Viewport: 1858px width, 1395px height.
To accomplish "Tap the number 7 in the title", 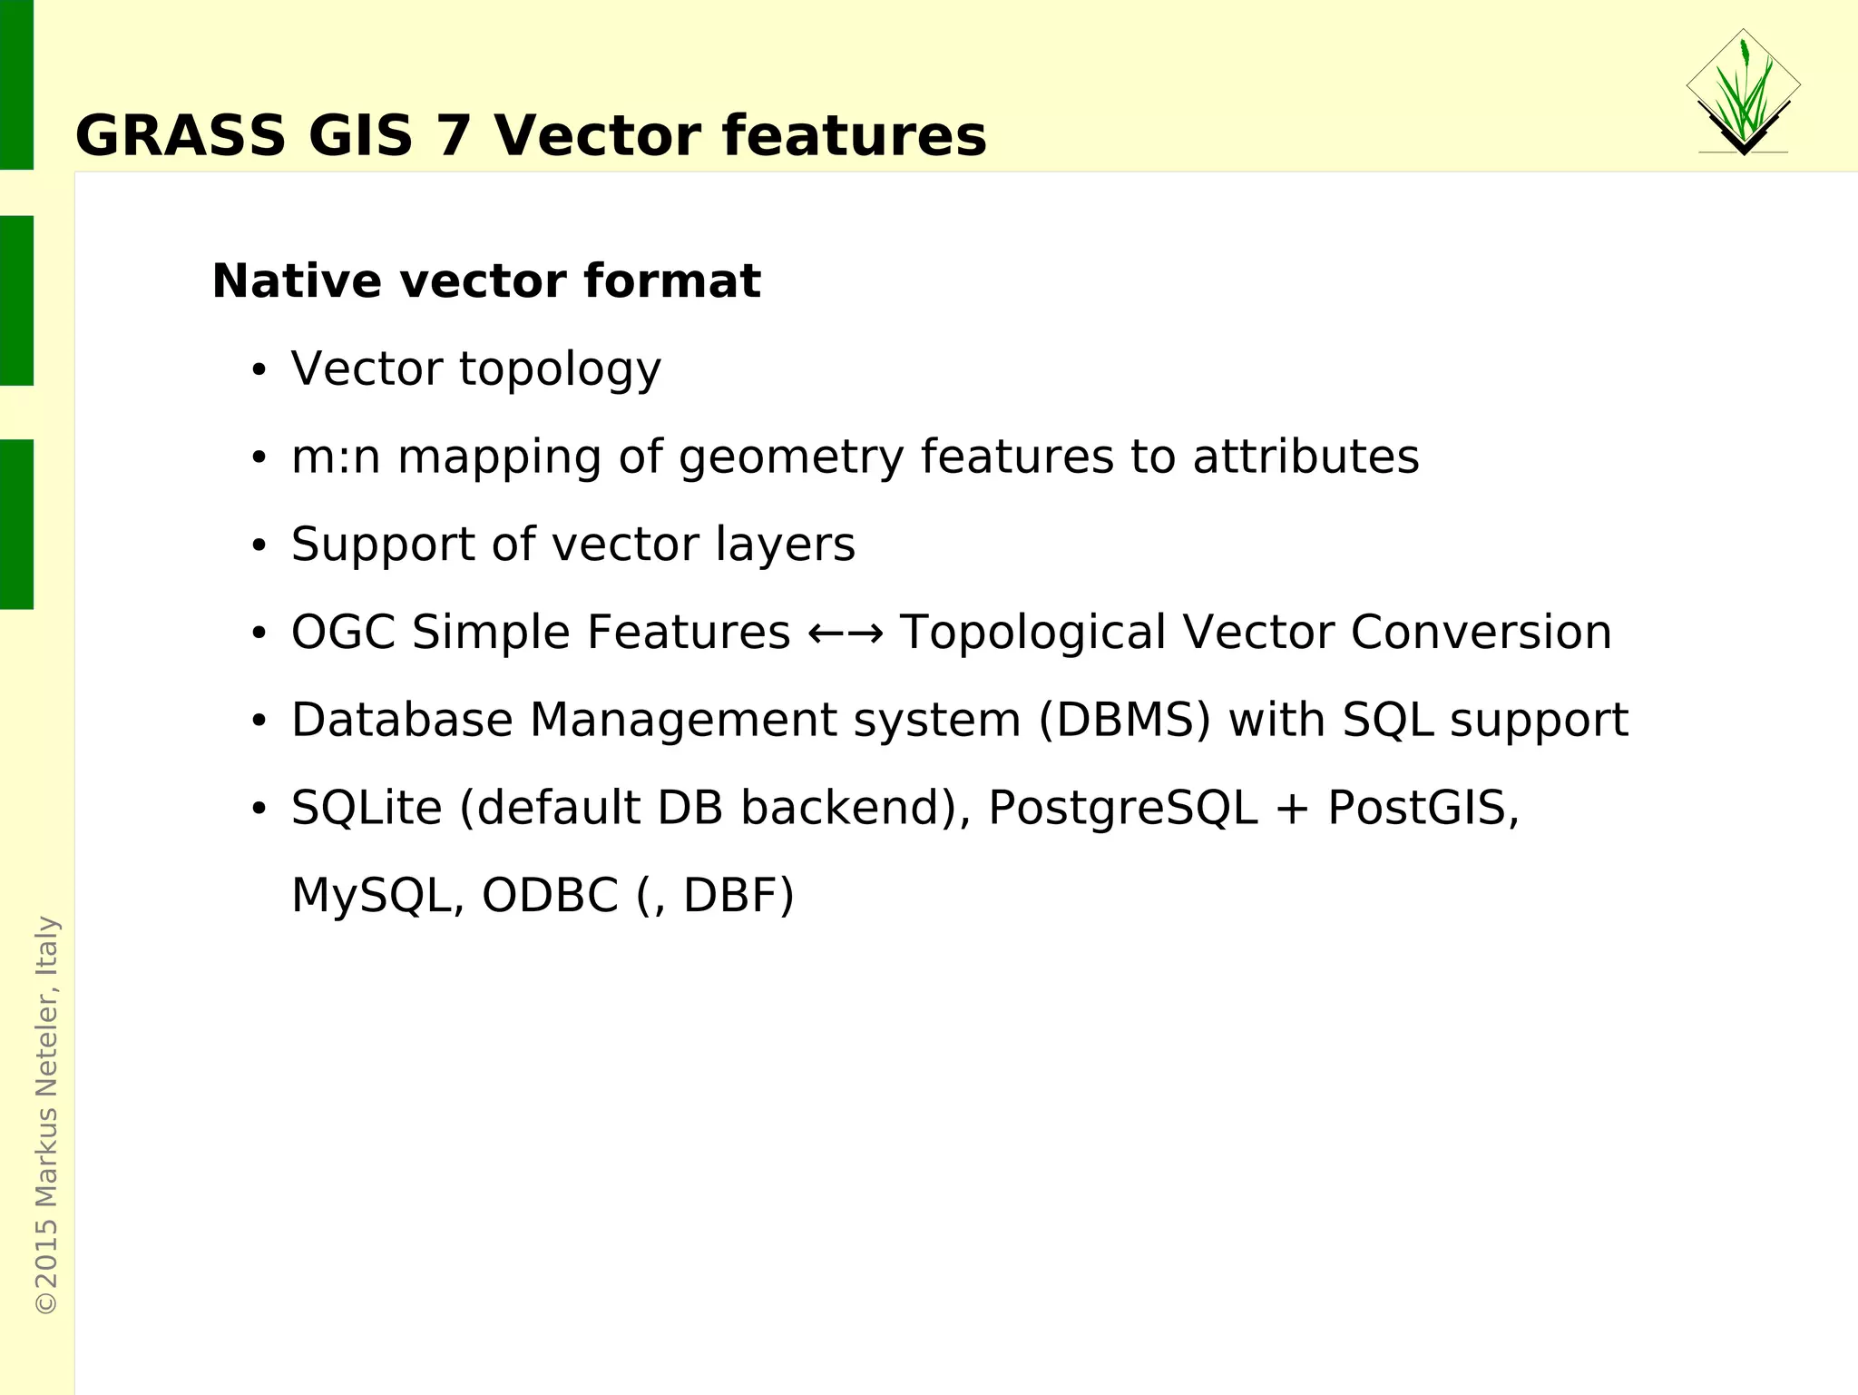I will tap(454, 136).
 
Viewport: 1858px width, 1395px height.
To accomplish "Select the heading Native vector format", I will tap(486, 280).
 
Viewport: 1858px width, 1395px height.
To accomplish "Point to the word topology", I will tap(561, 369).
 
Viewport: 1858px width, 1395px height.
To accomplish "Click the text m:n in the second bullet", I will tap(335, 457).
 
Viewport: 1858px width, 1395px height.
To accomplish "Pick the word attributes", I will tap(1305, 457).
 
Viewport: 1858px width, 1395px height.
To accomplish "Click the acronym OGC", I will tap(343, 633).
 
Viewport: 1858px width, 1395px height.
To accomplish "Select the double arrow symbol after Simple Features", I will tap(845, 633).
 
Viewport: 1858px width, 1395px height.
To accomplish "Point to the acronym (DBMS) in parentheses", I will tap(1124, 721).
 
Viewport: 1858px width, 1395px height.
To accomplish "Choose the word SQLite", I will tap(367, 808).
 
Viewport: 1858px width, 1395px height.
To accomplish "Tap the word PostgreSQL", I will tap(1123, 808).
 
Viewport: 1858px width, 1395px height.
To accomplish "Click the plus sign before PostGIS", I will tap(1292, 809).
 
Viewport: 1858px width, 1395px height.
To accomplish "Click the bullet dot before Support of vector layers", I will tap(259, 546).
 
